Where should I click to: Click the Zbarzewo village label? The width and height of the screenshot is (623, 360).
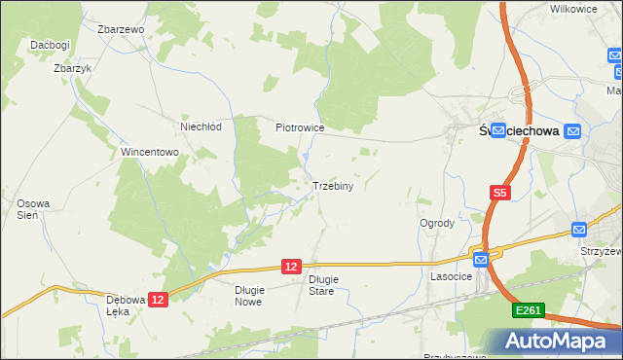[x=121, y=29]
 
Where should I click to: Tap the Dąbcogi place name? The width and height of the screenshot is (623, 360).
[x=50, y=45]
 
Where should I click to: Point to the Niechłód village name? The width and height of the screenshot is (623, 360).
[x=202, y=126]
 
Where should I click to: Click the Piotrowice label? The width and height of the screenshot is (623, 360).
[x=299, y=127]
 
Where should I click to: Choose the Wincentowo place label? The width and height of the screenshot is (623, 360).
[x=149, y=153]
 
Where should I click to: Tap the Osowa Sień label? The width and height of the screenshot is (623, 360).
[x=26, y=209]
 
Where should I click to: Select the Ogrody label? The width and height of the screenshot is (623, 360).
[x=437, y=223]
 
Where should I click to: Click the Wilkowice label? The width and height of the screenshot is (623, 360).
[x=572, y=8]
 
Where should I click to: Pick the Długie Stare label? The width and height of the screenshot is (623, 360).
[x=322, y=284]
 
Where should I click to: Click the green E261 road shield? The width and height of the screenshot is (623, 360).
[x=529, y=309]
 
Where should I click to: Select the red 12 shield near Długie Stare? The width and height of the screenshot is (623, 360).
[x=291, y=266]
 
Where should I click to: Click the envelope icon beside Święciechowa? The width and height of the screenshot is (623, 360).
[x=572, y=130]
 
